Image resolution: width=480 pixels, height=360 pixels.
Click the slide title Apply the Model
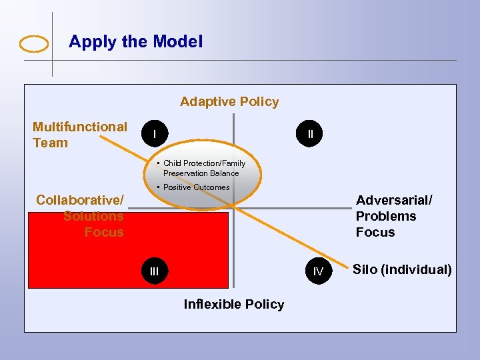pyautogui.click(x=135, y=42)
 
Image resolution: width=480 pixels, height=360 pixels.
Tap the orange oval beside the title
pyautogui.click(x=34, y=44)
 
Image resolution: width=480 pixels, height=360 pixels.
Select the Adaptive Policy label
pyautogui.click(x=229, y=102)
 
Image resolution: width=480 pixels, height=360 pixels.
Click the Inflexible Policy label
pyautogui.click(x=233, y=305)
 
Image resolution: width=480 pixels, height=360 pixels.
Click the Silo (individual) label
pyautogui.click(x=402, y=270)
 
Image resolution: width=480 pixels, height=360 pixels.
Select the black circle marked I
pyautogui.click(x=154, y=135)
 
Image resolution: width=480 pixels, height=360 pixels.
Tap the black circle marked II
pyautogui.click(x=310, y=135)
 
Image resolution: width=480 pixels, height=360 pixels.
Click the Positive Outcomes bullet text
pyautogui.click(x=196, y=187)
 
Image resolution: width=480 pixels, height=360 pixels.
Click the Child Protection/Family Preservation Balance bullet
pyautogui.click(x=203, y=168)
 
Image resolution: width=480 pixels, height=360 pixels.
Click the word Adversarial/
pyautogui.click(x=394, y=200)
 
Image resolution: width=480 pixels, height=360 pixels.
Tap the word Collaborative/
pyautogui.click(x=80, y=200)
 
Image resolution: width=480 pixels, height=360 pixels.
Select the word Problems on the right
pyautogui.click(x=385, y=216)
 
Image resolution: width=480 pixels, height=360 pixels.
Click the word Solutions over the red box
pyautogui.click(x=93, y=216)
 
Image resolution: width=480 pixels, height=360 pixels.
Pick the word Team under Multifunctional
pyautogui.click(x=50, y=143)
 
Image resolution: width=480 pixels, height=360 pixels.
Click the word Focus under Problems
pyautogui.click(x=375, y=232)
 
